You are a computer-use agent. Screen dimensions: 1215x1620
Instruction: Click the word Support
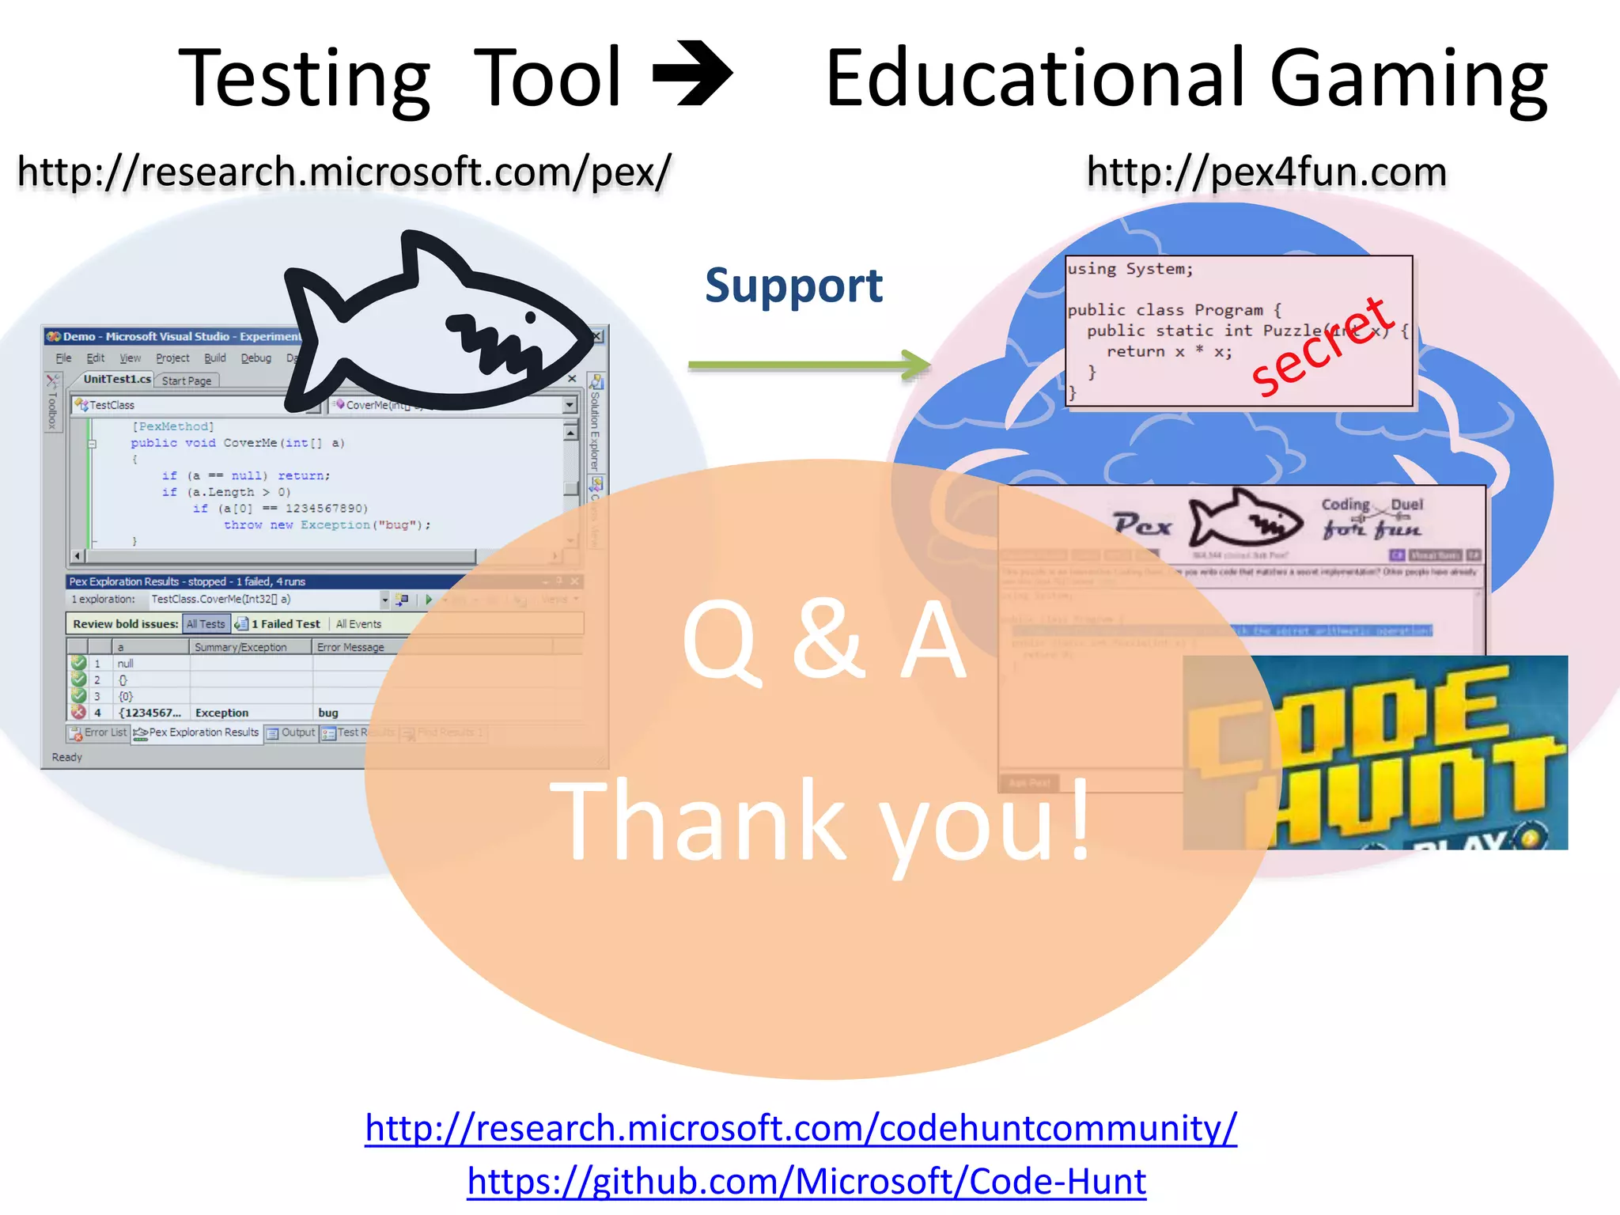(x=793, y=286)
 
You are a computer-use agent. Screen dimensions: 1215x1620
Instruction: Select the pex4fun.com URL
(x=1266, y=172)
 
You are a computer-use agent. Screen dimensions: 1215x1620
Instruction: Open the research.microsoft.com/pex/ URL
(x=344, y=172)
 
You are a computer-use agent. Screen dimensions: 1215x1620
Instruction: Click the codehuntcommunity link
(x=801, y=1128)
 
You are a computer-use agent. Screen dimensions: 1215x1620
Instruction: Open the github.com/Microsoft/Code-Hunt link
(x=806, y=1181)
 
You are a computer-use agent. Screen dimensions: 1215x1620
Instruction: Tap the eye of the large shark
(x=531, y=317)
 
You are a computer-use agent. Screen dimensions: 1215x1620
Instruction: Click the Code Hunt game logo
(x=1375, y=752)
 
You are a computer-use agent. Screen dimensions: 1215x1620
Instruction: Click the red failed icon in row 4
(x=78, y=712)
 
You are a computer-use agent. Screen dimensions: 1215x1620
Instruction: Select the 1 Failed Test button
(x=278, y=624)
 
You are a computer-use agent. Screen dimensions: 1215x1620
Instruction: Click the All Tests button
(x=206, y=624)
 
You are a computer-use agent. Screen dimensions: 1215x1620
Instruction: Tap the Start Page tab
(x=187, y=380)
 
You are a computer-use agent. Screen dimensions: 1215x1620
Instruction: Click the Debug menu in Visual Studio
(x=255, y=358)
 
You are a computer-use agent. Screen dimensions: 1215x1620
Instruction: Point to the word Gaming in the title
(x=1408, y=79)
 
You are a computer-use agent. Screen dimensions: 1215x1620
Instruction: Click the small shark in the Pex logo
(x=1245, y=520)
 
